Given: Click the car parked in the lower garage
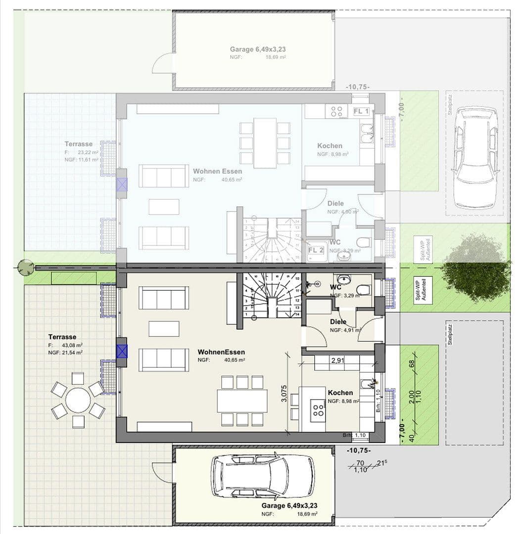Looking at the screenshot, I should pos(262,476).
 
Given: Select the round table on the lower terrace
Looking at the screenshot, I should pos(78,400).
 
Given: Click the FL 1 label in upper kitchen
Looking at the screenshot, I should pos(361,111).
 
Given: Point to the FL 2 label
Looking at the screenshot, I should pos(316,250).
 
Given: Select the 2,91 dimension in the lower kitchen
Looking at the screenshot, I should pos(338,361).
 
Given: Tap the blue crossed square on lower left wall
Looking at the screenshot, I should pos(122,352).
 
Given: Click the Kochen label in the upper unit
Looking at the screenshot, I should pos(330,146).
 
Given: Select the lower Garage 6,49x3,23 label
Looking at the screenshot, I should pos(289,506).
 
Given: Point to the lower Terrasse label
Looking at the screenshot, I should pos(63,337).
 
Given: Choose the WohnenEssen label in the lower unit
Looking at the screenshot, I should pos(221,352).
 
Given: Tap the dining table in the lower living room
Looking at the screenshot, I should pos(242,400).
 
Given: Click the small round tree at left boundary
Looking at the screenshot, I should pos(26,267).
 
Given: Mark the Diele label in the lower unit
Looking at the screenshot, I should pos(338,322).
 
